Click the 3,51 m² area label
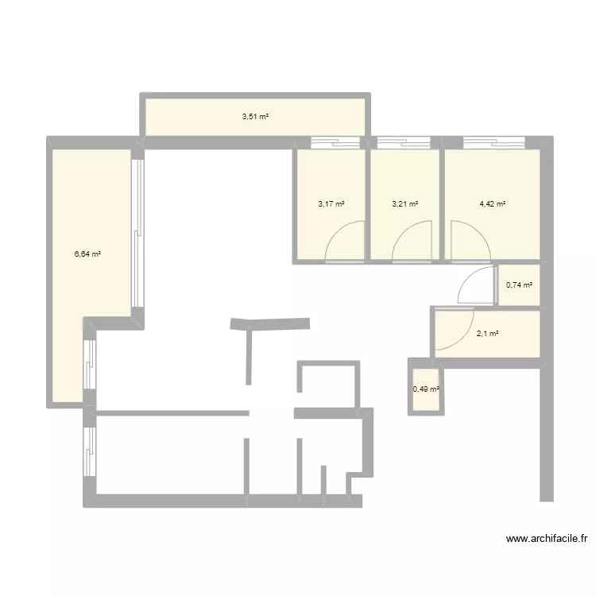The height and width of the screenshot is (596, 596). (x=255, y=117)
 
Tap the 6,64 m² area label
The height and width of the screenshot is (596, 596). (x=87, y=254)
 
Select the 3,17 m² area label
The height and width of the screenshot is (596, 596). (x=331, y=203)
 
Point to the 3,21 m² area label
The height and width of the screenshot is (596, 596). (x=405, y=203)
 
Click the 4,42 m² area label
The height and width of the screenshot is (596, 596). (x=493, y=203)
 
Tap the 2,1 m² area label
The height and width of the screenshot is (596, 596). (x=487, y=334)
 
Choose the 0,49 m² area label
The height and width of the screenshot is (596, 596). (x=426, y=389)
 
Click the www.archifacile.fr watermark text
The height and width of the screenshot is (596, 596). (x=548, y=539)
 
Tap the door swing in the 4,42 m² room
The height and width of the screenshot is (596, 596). (x=469, y=240)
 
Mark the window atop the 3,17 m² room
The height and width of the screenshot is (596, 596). (x=335, y=144)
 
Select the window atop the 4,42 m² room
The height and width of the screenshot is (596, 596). (x=493, y=144)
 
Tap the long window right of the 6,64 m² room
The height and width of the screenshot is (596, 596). (x=138, y=234)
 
